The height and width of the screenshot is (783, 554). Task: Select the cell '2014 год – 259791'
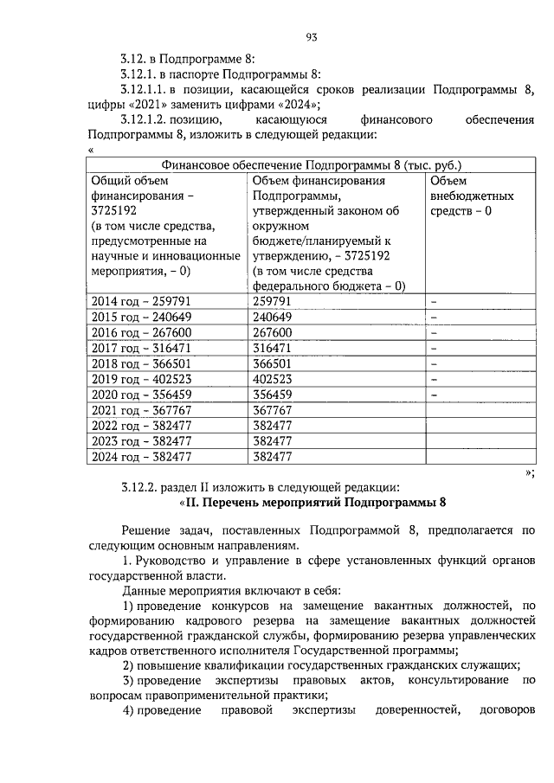pos(139,301)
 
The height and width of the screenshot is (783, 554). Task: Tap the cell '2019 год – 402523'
pos(139,378)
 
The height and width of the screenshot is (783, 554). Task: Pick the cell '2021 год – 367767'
pos(139,410)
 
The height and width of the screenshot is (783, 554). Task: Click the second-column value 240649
pos(271,317)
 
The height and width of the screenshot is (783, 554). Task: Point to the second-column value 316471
pos(271,348)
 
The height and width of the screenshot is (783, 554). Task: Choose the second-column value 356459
pos(271,395)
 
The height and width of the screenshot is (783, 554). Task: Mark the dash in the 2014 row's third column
pos(435,302)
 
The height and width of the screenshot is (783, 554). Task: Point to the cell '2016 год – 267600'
pos(139,332)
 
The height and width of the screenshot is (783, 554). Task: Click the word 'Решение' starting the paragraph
pos(145,529)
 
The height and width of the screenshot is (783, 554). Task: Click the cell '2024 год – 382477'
pos(139,457)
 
